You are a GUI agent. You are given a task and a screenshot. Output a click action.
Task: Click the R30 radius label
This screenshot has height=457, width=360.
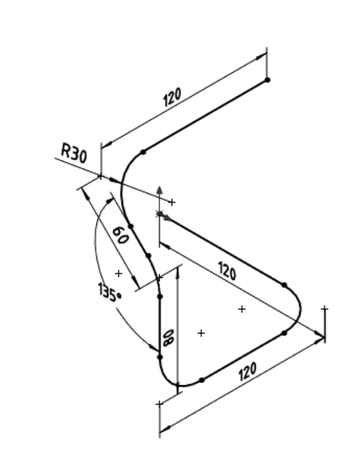[74, 153]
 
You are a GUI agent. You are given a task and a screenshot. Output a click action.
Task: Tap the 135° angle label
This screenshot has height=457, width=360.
[110, 293]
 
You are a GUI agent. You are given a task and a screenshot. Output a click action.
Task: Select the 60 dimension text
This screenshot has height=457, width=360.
[120, 235]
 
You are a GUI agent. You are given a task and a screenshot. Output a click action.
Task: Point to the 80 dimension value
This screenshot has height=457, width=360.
[169, 338]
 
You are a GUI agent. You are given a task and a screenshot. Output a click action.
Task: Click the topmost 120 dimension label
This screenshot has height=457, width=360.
[172, 97]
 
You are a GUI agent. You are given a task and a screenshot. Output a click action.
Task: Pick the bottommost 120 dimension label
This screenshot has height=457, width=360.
[247, 372]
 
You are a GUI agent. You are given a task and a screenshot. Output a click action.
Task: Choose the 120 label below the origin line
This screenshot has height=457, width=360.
[227, 271]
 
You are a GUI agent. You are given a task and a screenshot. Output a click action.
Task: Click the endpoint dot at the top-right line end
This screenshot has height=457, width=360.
[267, 80]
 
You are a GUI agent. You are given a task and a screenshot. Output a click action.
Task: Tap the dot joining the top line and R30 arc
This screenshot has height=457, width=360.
[143, 152]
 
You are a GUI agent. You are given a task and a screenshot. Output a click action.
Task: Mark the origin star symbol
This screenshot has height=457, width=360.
[159, 214]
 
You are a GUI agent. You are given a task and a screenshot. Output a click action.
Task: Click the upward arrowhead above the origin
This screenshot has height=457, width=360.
[160, 190]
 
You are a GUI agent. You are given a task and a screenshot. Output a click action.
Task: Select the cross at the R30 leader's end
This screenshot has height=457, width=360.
[172, 202]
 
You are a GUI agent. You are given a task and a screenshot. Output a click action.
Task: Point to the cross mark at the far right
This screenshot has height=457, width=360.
[324, 309]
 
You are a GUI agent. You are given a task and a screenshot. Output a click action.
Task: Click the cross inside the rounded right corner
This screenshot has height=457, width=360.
[241, 309]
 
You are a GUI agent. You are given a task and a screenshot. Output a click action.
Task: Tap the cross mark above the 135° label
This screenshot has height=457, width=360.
[119, 273]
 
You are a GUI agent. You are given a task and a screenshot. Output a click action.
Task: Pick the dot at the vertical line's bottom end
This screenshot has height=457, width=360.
[160, 357]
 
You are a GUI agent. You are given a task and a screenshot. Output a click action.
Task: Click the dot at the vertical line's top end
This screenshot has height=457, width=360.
[160, 296]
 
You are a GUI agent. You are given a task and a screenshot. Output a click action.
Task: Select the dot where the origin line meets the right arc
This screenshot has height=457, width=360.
[285, 285]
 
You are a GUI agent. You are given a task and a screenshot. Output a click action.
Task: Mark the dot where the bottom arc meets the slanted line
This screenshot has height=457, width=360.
[202, 380]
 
